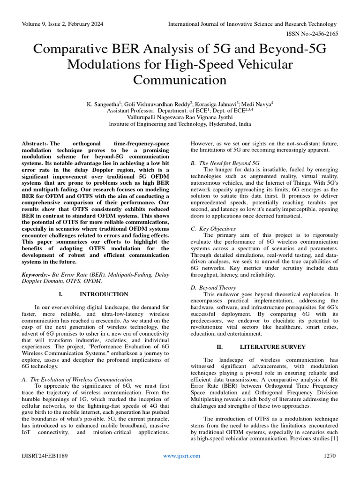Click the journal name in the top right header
click(252, 24)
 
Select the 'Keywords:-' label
click(37, 274)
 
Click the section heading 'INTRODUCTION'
click(104, 294)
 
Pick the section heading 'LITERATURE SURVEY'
click(272, 347)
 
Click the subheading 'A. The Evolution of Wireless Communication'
click(77, 379)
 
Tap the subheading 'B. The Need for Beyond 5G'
click(225, 163)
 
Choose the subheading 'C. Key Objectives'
click(213, 228)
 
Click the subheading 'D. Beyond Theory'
click(213, 287)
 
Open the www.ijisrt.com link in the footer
click(181, 456)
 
